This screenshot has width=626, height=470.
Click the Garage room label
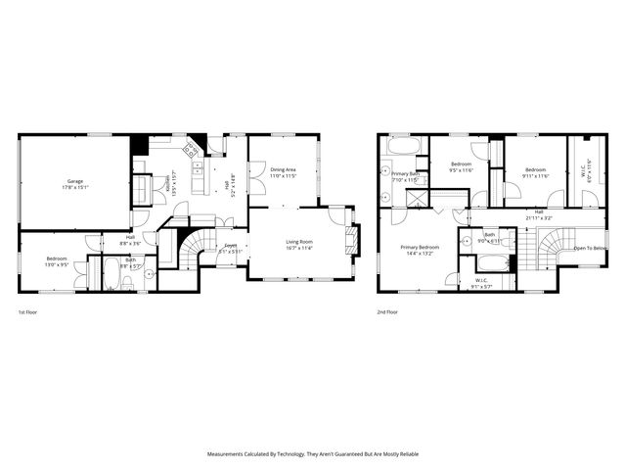click(x=75, y=182)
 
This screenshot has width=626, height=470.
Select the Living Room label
click(x=299, y=241)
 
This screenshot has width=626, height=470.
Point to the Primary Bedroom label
click(x=420, y=248)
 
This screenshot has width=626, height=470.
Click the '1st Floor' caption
click(x=28, y=312)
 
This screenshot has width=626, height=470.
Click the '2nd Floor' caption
click(x=387, y=312)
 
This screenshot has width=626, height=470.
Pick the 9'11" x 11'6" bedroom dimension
click(x=535, y=176)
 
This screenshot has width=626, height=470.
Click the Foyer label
click(x=231, y=245)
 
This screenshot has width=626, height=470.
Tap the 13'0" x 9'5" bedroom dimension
click(x=57, y=264)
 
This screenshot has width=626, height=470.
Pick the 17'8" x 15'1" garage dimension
click(x=75, y=188)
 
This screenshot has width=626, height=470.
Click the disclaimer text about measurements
click(x=313, y=454)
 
